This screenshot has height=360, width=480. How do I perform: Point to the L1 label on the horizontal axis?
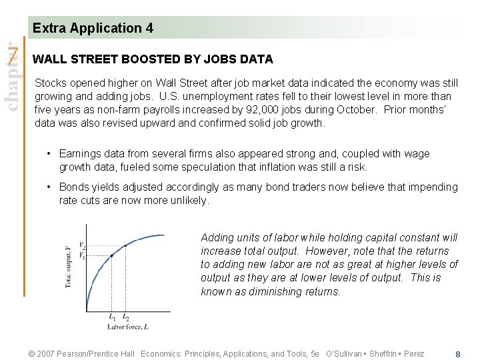pos(112,317)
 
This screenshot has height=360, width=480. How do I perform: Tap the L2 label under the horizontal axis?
pos(126,317)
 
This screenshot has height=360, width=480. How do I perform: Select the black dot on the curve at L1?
pos(111,255)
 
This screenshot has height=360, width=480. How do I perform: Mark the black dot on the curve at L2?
pos(125,245)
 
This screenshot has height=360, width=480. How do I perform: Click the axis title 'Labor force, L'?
pos(129,327)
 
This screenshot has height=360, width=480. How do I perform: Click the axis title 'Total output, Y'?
pos(69,267)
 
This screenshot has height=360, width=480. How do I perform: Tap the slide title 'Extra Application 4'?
pos(93,28)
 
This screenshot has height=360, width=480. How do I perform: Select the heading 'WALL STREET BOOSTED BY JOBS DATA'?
pos(153,59)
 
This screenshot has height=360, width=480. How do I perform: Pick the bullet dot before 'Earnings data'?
pos(49,154)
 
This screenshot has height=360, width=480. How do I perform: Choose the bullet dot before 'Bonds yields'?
pos(49,187)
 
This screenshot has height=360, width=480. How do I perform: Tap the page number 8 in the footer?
pos(457,354)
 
